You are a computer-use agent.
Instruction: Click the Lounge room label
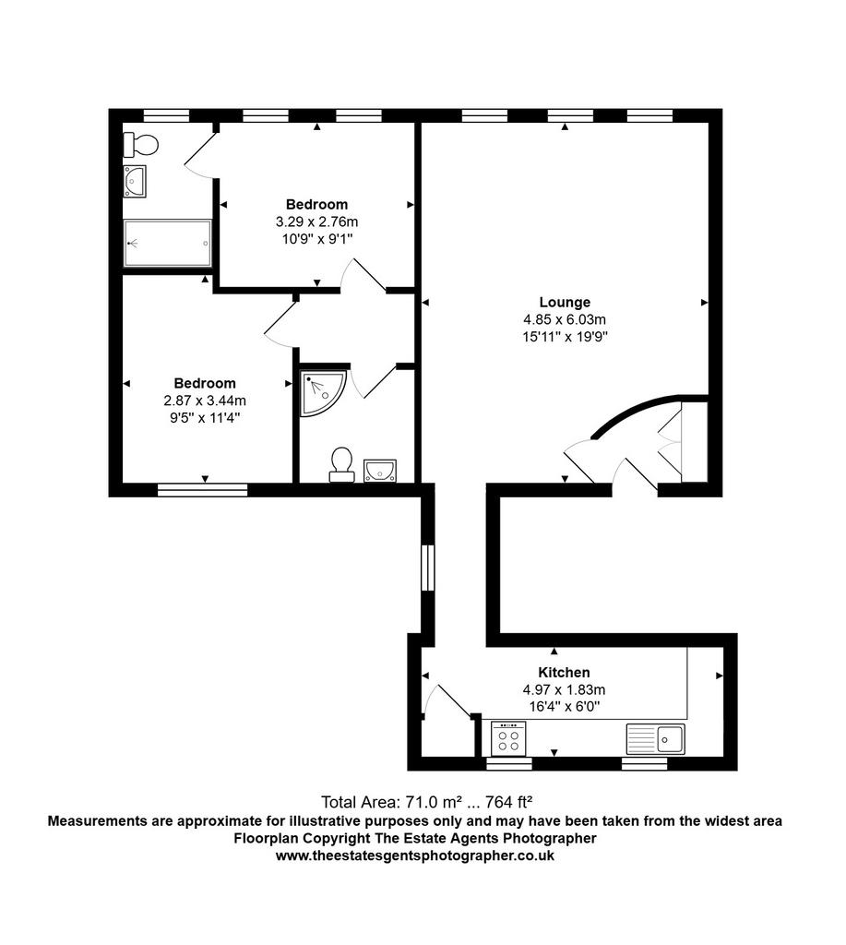pos(565,302)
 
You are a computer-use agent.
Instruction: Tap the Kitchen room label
pos(564,672)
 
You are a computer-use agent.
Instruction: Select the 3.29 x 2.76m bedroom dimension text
pos(317,221)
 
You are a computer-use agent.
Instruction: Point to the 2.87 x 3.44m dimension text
pos(205,401)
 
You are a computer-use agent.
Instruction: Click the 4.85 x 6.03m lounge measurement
pos(565,319)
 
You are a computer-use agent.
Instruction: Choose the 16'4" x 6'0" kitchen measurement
pos(564,706)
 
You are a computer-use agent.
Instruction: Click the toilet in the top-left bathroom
pos(141,145)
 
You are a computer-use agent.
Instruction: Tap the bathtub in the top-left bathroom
pos(168,243)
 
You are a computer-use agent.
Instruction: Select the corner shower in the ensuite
pos(323,393)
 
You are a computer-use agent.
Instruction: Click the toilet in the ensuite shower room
pos(342,464)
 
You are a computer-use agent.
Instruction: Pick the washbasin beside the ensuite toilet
pos(380,471)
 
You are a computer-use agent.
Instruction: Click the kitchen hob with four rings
pos(508,739)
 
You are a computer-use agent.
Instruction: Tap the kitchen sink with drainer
pos(656,739)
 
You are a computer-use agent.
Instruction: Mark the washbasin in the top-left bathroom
pos(135,182)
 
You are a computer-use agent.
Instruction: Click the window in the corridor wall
pos(427,568)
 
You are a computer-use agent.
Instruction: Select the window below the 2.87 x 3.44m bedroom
pos(202,490)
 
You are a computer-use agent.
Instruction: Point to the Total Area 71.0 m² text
pos(426,802)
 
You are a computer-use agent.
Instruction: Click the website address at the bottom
pos(415,855)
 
